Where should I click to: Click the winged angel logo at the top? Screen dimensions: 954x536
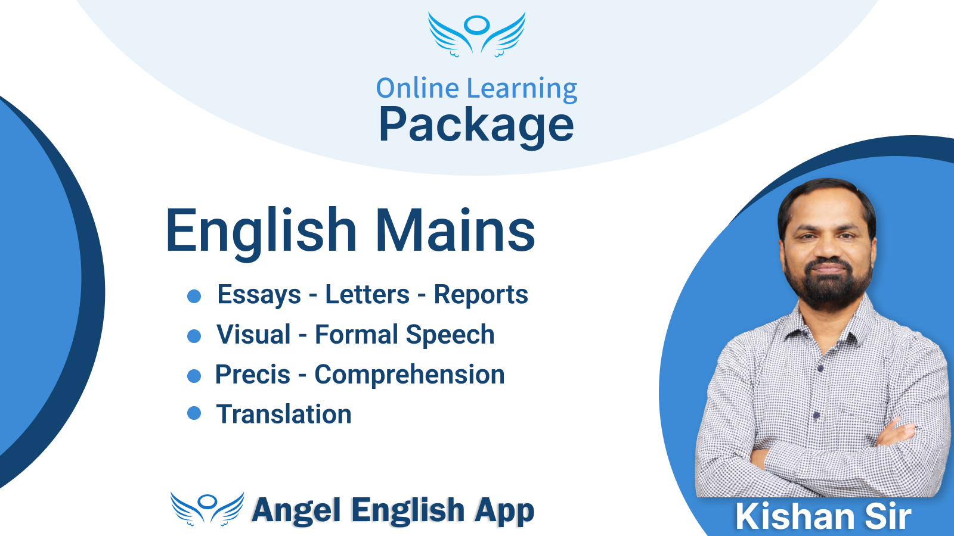click(x=476, y=35)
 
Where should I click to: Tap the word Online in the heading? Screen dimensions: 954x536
click(x=417, y=88)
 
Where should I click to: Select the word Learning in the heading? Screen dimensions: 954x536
click(x=522, y=90)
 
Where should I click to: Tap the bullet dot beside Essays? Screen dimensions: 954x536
click(x=194, y=296)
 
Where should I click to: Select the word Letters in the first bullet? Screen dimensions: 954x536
click(x=367, y=294)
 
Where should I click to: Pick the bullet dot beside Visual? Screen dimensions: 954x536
click(x=194, y=336)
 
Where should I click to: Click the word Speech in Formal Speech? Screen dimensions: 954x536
click(x=450, y=335)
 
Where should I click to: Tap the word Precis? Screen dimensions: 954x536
click(x=253, y=375)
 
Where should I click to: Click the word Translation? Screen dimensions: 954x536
click(x=284, y=414)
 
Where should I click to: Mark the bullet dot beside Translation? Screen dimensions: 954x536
click(x=194, y=413)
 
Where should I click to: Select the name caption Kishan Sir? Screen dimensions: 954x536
click(x=823, y=516)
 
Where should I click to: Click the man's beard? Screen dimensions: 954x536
click(x=828, y=283)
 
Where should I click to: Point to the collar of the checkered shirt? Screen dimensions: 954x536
click(x=826, y=327)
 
